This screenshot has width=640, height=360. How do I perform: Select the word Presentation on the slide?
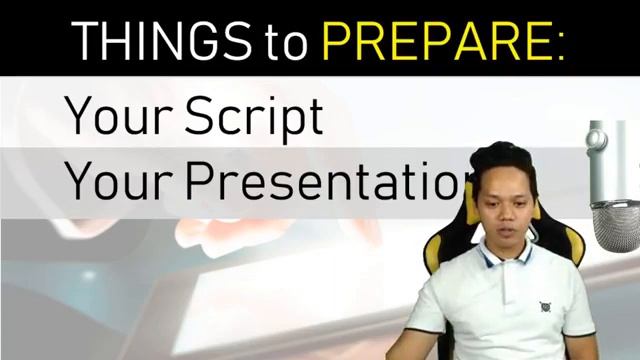(330, 180)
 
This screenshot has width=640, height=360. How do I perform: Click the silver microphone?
(612, 190)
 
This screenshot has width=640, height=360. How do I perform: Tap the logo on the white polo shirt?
(545, 307)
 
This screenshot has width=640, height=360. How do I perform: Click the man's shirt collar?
(500, 262)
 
